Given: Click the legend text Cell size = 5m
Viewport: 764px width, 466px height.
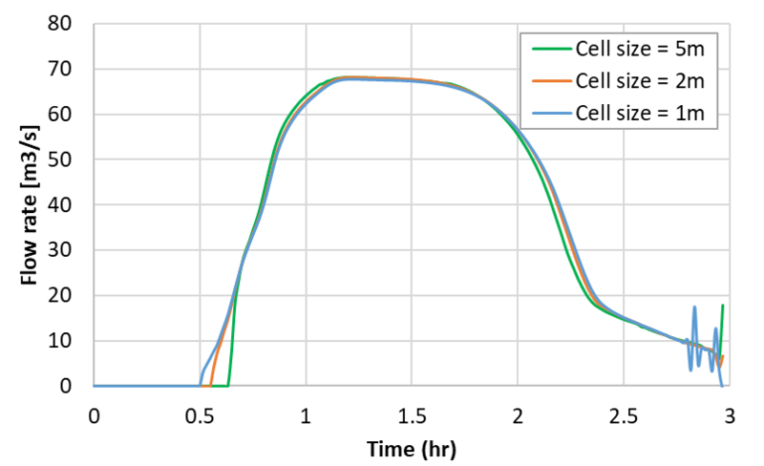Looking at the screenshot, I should (639, 48).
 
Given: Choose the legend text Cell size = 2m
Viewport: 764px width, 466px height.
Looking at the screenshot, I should (639, 81).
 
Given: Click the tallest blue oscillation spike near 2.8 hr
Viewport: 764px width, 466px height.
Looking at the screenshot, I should (694, 307).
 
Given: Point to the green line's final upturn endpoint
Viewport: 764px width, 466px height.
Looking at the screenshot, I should (723, 306).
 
